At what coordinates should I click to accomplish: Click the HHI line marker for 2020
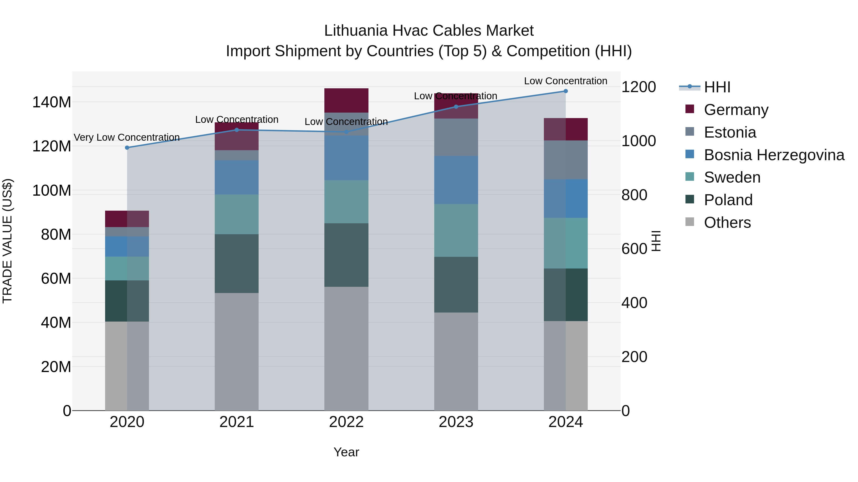point(127,148)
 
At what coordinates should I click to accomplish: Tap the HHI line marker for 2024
point(566,91)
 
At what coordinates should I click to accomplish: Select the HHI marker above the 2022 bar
point(346,132)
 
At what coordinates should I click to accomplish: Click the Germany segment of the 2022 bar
point(346,100)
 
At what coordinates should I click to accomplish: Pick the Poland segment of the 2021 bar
point(236,263)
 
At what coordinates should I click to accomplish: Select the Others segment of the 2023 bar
point(456,361)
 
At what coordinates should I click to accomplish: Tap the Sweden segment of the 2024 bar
point(566,243)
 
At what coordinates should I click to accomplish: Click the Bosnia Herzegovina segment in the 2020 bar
point(127,247)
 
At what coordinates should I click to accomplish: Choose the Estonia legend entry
point(730,132)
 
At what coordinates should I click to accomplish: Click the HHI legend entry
point(717,87)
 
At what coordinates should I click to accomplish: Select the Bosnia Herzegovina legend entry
point(774,155)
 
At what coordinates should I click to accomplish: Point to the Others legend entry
point(727,223)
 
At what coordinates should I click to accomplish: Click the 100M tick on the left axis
point(52,191)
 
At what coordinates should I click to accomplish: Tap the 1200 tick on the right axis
point(638,87)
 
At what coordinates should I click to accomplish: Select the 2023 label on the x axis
point(456,422)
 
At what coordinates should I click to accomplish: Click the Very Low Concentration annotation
point(127,137)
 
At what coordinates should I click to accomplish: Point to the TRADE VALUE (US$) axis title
point(7,241)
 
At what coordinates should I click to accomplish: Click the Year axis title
point(346,452)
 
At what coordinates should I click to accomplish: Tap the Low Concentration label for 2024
point(566,81)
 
